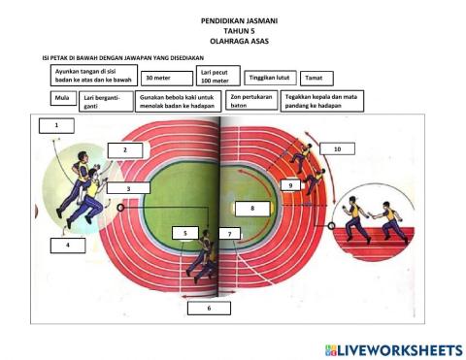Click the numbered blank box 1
click(x=58, y=126)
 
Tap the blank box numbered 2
click(x=125, y=149)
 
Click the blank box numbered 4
click(x=68, y=245)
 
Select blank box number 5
click(x=185, y=233)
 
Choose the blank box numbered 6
click(x=209, y=308)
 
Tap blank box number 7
click(x=228, y=234)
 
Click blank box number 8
click(x=251, y=208)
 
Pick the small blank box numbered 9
click(x=289, y=184)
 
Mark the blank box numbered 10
click(x=337, y=149)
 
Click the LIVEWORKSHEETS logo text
click(x=400, y=348)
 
